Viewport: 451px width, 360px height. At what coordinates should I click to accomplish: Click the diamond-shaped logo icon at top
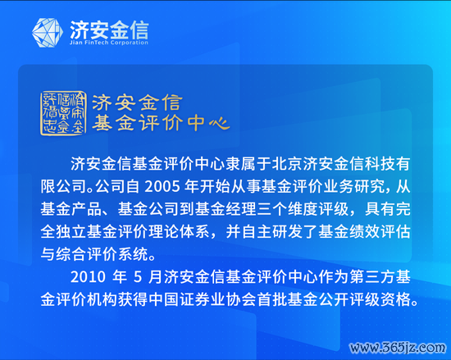click(48, 33)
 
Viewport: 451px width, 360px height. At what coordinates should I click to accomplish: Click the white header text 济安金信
click(109, 30)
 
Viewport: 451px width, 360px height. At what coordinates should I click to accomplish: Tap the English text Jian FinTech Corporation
click(109, 43)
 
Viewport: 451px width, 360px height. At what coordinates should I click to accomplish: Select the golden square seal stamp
click(63, 112)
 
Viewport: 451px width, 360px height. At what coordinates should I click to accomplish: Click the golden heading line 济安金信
click(137, 103)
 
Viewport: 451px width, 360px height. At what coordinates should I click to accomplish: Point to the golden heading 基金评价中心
click(161, 122)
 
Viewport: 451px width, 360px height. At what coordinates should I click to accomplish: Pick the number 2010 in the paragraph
click(88, 277)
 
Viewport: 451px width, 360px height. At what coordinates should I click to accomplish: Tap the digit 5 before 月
click(138, 277)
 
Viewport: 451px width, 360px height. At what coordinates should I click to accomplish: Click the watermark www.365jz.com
click(398, 348)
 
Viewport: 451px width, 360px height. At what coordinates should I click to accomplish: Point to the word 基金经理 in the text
click(225, 209)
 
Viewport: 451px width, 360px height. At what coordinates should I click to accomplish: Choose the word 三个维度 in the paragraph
click(287, 209)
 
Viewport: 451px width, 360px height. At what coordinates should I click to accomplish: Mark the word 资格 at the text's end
click(396, 299)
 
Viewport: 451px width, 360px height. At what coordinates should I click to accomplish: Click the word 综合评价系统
click(102, 254)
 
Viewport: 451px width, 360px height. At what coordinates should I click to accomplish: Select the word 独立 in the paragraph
click(71, 231)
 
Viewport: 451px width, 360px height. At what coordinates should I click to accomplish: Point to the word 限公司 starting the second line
click(63, 187)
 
